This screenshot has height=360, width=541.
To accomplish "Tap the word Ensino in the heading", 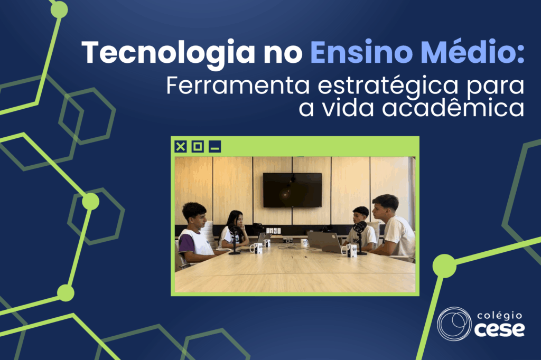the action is click(x=361, y=52).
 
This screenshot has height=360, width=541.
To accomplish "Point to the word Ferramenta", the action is click(x=238, y=86).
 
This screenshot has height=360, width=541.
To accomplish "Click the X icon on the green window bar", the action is click(x=181, y=147).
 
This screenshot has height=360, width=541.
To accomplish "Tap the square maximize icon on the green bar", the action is click(x=198, y=147).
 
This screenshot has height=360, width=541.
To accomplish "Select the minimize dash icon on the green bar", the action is click(x=214, y=147).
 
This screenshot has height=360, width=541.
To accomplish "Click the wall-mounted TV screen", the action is click(x=293, y=191).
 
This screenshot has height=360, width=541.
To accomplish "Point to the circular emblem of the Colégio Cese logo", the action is click(x=454, y=324).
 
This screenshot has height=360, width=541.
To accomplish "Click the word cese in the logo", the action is click(x=499, y=330).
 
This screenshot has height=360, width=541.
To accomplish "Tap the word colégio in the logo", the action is click(x=500, y=316).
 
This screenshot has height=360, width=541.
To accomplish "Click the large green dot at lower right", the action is click(x=444, y=266).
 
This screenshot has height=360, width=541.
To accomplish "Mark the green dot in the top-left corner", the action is click(x=59, y=10).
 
